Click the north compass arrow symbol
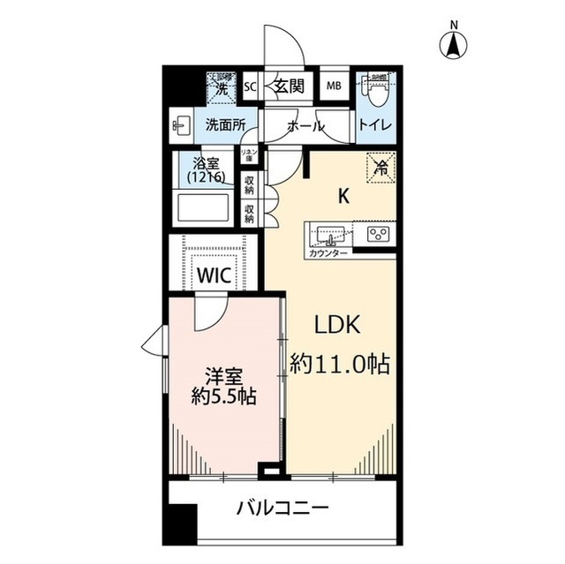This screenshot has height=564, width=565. click(x=455, y=44)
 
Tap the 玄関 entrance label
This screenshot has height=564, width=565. click(x=288, y=86)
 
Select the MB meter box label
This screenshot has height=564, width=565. click(x=335, y=86)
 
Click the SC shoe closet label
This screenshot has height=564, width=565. click(x=249, y=86)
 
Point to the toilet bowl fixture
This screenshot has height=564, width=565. click(x=376, y=88)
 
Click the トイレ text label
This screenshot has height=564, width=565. click(x=375, y=126)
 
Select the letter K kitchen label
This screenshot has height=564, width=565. click(x=345, y=198)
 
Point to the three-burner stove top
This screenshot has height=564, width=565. click(x=379, y=234)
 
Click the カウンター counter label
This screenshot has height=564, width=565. click(x=328, y=254)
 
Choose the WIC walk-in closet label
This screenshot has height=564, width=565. click(x=214, y=274)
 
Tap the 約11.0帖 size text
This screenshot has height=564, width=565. click(x=341, y=363)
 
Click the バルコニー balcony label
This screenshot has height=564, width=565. click(x=282, y=509)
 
